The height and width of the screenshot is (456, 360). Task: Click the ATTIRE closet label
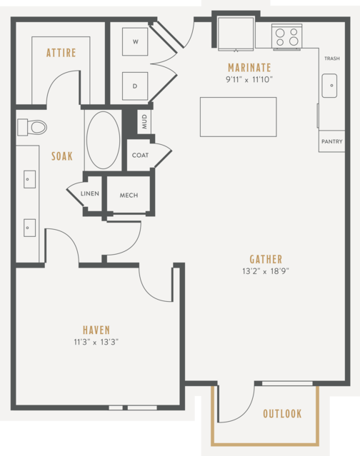pyautogui.click(x=61, y=53)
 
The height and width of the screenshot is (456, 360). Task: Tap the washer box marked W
pyautogui.click(x=135, y=41)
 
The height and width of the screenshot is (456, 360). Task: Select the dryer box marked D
pyautogui.click(x=135, y=86)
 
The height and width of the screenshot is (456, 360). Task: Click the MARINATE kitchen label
pyautogui.click(x=249, y=68)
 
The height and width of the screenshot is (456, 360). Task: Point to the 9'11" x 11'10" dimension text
pyautogui.click(x=249, y=79)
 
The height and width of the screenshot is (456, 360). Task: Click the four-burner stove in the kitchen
pyautogui.click(x=286, y=37)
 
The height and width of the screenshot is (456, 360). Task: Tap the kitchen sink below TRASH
pyautogui.click(x=329, y=86)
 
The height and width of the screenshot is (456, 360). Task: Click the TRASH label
pyautogui.click(x=332, y=59)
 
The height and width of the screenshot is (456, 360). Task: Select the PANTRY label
pyautogui.click(x=332, y=141)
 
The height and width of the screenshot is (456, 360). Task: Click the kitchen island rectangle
pyautogui.click(x=239, y=117)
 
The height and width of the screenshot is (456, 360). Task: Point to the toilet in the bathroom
pyautogui.click(x=32, y=127)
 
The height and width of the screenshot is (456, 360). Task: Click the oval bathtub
pyautogui.click(x=104, y=140)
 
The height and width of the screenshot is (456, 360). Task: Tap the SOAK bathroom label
pyautogui.click(x=62, y=156)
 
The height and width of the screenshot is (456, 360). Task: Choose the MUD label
pyautogui.click(x=144, y=121)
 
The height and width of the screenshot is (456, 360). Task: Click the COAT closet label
pyautogui.click(x=140, y=156)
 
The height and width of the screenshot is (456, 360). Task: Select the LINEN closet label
pyautogui.click(x=89, y=193)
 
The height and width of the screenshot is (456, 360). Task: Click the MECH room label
pyautogui.click(x=129, y=195)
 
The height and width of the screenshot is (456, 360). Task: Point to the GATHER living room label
pyautogui.click(x=266, y=260)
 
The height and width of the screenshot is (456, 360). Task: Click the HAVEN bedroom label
pyautogui.click(x=96, y=330)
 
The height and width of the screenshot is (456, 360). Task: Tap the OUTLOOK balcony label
pyautogui.click(x=282, y=414)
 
